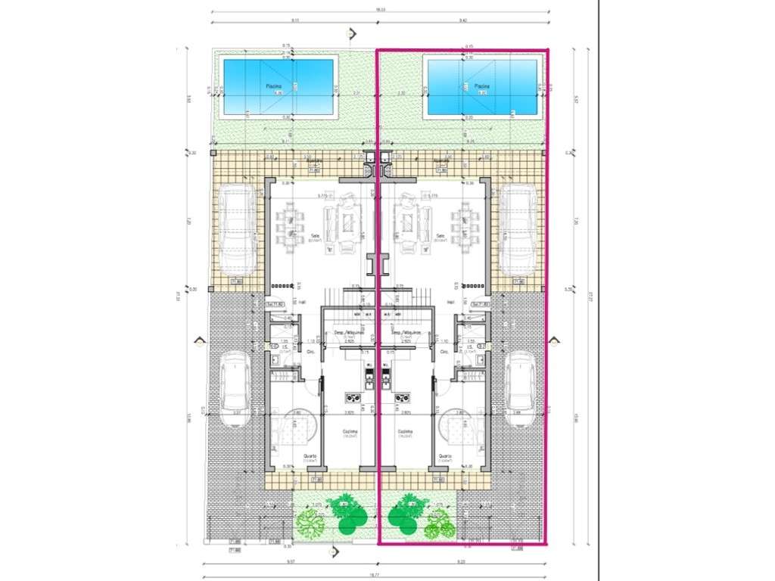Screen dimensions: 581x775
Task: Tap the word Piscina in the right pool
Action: click(x=482, y=86)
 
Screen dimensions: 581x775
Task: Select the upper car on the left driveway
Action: click(x=237, y=230)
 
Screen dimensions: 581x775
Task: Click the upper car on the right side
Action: click(x=519, y=230)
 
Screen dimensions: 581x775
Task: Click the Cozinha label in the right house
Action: click(x=409, y=433)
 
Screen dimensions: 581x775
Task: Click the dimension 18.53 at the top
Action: click(x=381, y=11)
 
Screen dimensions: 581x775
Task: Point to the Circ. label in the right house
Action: click(x=445, y=353)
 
